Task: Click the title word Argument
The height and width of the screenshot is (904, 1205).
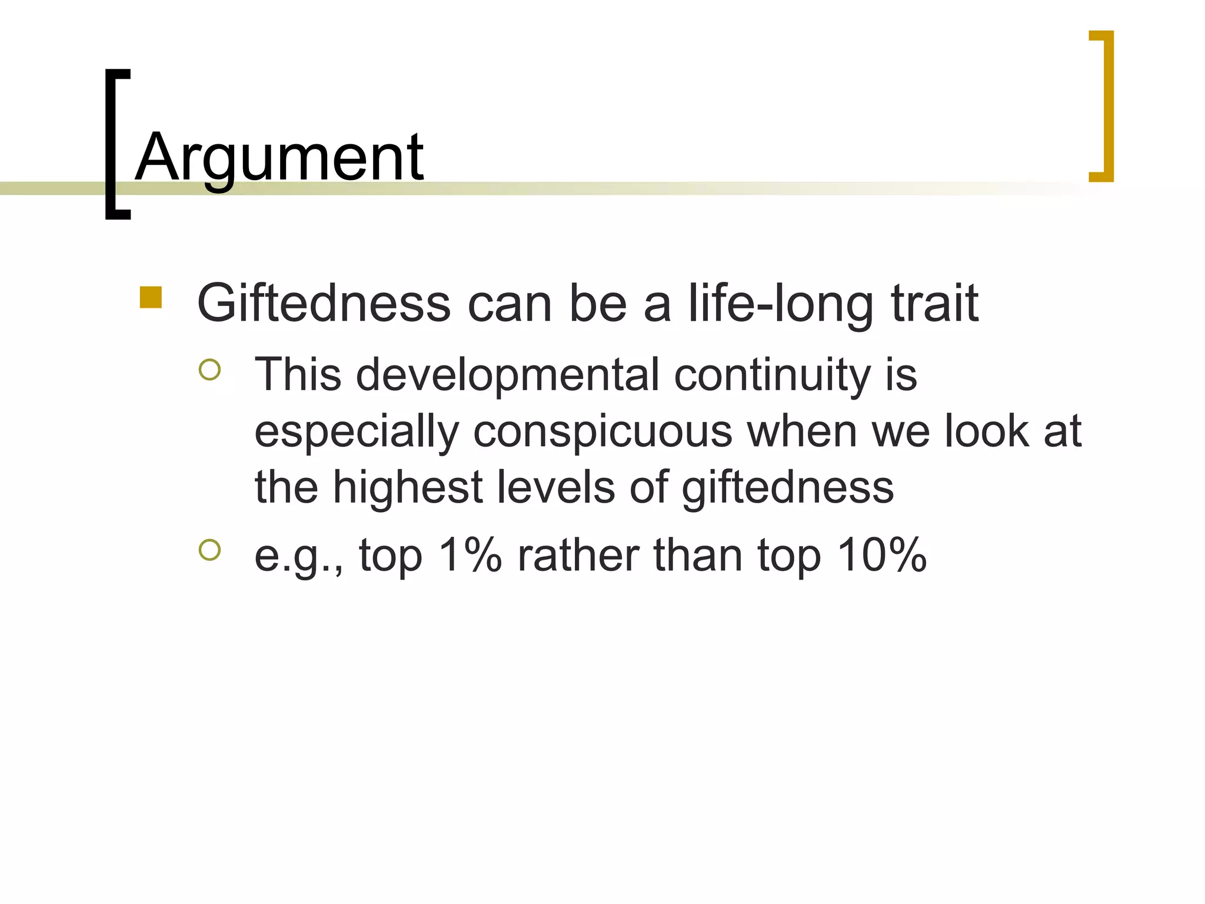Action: pyautogui.click(x=279, y=158)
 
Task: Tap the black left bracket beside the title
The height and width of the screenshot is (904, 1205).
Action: pyautogui.click(x=112, y=144)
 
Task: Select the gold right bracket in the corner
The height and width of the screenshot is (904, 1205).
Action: pyautogui.click(x=1106, y=106)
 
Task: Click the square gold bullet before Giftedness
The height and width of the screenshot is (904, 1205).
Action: pyautogui.click(x=151, y=298)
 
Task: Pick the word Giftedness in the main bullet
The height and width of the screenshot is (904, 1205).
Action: pyautogui.click(x=324, y=304)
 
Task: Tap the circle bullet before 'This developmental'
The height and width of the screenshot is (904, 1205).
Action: pyautogui.click(x=209, y=370)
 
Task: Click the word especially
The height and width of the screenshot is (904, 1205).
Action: pyautogui.click(x=357, y=432)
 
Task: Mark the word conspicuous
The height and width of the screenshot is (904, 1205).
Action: pyautogui.click(x=602, y=432)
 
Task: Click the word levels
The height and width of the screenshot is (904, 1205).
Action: pyautogui.click(x=555, y=487)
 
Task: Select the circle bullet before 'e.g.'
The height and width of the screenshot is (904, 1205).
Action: pyautogui.click(x=209, y=550)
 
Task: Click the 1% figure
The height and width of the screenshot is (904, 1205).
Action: pyautogui.click(x=470, y=555)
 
